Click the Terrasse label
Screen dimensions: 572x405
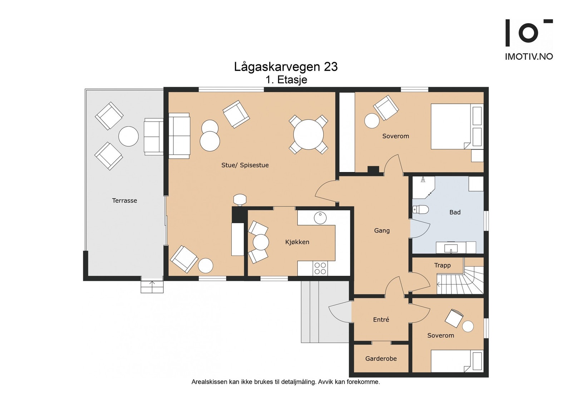tap(124, 201)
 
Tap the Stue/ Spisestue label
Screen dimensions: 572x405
tap(245, 165)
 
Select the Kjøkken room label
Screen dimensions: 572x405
tap(297, 242)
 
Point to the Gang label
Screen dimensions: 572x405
tap(382, 231)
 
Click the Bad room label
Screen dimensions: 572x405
tap(455, 212)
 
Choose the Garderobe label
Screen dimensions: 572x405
tap(381, 359)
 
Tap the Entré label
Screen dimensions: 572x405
tap(381, 319)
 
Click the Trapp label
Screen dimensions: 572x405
tap(442, 265)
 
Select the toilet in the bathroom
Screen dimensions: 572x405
tap(420, 210)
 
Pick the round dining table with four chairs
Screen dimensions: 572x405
tap(309, 135)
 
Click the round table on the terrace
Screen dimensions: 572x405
tap(128, 136)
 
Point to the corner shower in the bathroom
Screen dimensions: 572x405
tap(424, 187)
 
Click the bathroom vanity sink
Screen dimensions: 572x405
tap(451, 248)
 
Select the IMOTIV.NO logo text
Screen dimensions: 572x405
tap(529, 57)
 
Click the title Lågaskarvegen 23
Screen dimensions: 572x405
tap(286, 67)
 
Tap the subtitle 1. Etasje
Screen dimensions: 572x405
tap(286, 80)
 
